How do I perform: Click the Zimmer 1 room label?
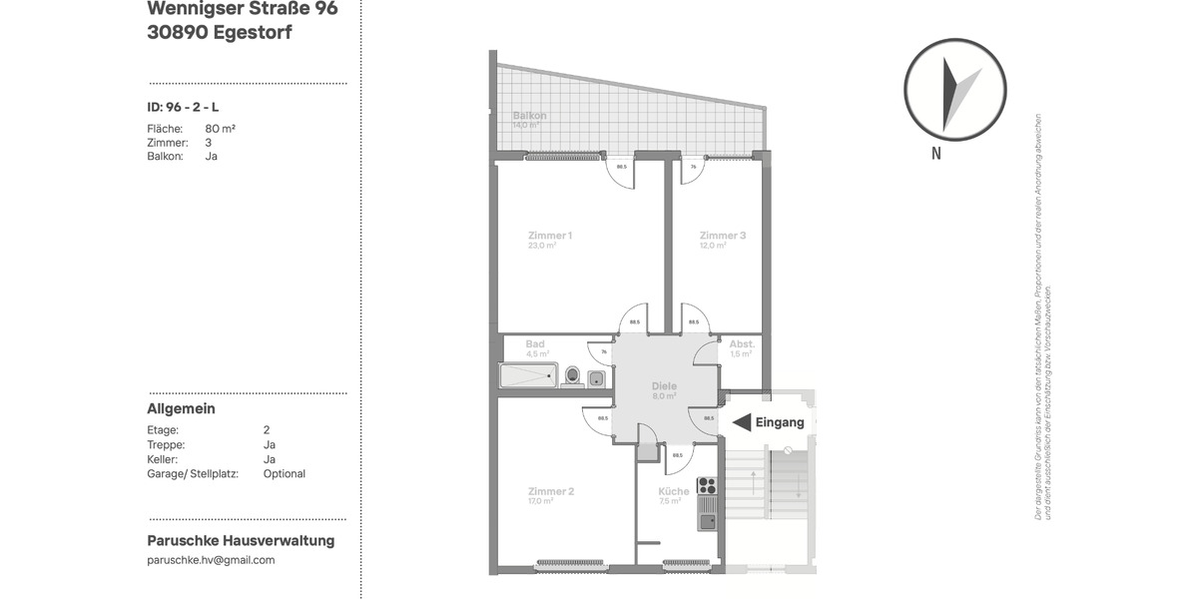tap(549, 236)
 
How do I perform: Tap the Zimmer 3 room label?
tap(723, 236)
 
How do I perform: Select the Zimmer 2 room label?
tap(549, 491)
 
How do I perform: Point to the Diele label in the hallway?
tap(664, 386)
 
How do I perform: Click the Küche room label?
tap(673, 491)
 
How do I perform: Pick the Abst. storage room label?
tap(741, 343)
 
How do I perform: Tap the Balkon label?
tap(529, 116)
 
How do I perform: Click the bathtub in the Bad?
tap(527, 376)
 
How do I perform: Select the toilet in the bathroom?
tap(572, 375)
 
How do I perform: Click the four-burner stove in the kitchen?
tap(707, 486)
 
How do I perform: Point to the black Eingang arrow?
tap(742, 422)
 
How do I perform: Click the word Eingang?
tap(780, 422)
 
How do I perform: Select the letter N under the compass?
tap(936, 154)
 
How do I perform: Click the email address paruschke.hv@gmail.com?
tap(211, 560)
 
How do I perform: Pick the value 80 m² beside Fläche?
tap(220, 129)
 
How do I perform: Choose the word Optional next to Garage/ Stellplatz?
tap(285, 474)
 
